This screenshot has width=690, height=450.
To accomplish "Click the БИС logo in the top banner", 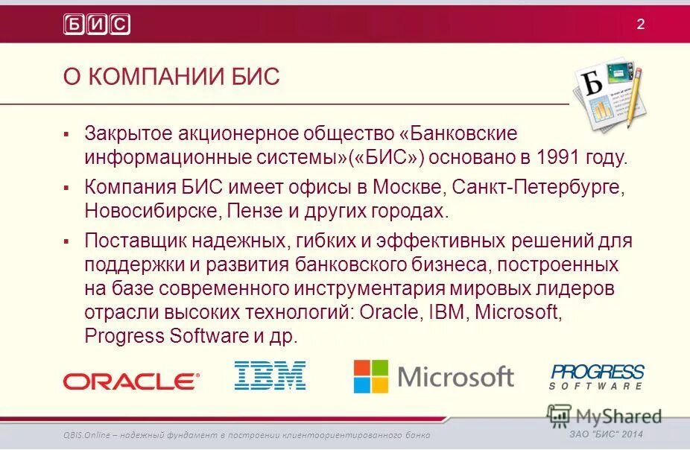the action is (x=97, y=24).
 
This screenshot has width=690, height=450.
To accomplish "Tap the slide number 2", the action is (x=640, y=24).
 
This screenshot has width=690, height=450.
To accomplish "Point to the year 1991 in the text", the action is (x=572, y=158).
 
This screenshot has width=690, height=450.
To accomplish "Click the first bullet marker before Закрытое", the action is (x=66, y=134).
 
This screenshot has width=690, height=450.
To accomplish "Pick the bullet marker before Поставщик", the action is (x=66, y=241).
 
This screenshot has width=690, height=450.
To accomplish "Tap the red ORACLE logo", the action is (x=131, y=381).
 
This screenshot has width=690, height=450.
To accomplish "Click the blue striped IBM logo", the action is (x=270, y=375).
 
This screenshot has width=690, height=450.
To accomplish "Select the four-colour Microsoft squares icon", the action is (x=371, y=377).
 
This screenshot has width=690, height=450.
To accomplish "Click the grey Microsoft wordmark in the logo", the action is (x=456, y=377).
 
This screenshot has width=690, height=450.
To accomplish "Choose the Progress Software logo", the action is (x=597, y=376).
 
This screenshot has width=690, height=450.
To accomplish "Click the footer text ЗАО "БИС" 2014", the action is (x=606, y=435).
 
